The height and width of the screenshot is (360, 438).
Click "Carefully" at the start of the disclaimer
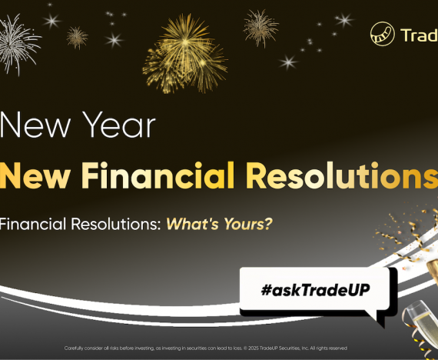(77, 348)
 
